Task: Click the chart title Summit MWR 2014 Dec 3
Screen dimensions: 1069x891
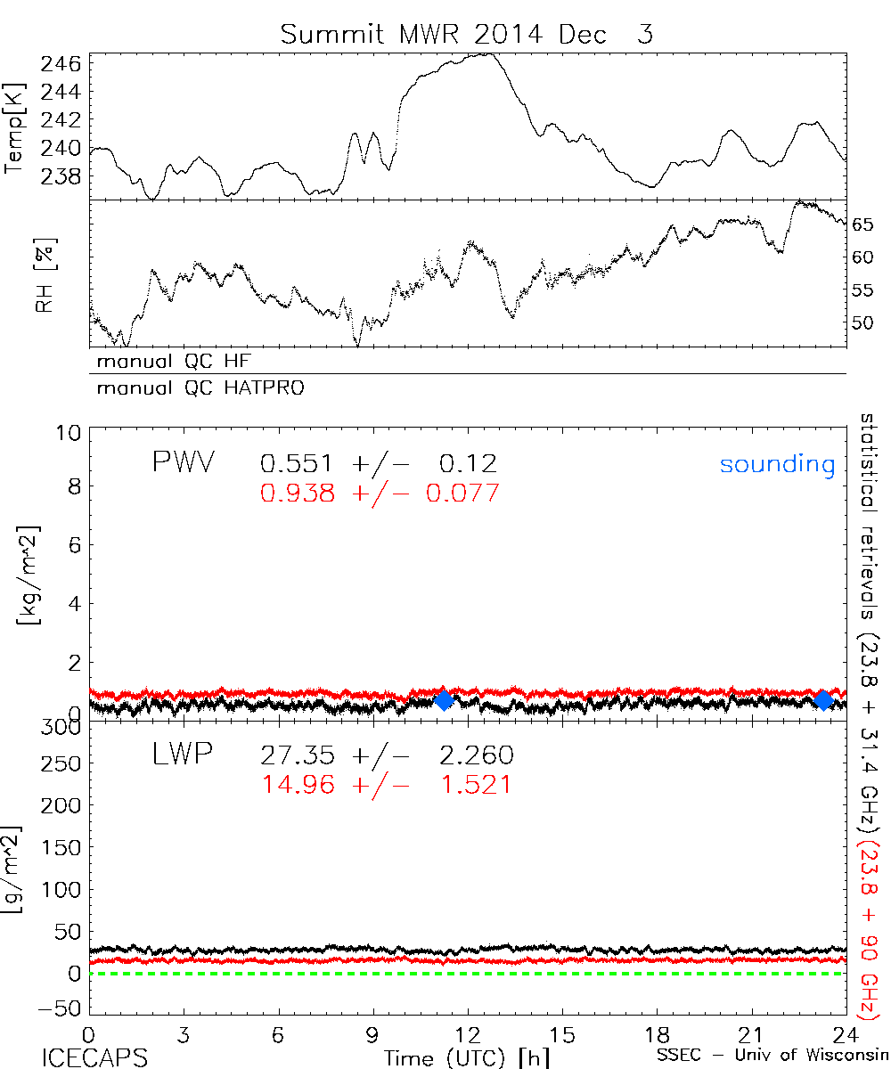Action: point(467,35)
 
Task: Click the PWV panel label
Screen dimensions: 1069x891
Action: point(182,464)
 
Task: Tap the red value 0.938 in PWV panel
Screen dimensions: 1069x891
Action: point(298,494)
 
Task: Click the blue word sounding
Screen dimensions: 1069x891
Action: point(777,464)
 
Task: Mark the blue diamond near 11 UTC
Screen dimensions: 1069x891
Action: point(444,700)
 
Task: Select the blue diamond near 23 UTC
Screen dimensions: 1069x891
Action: point(823,700)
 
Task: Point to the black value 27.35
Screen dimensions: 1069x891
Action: point(298,756)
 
